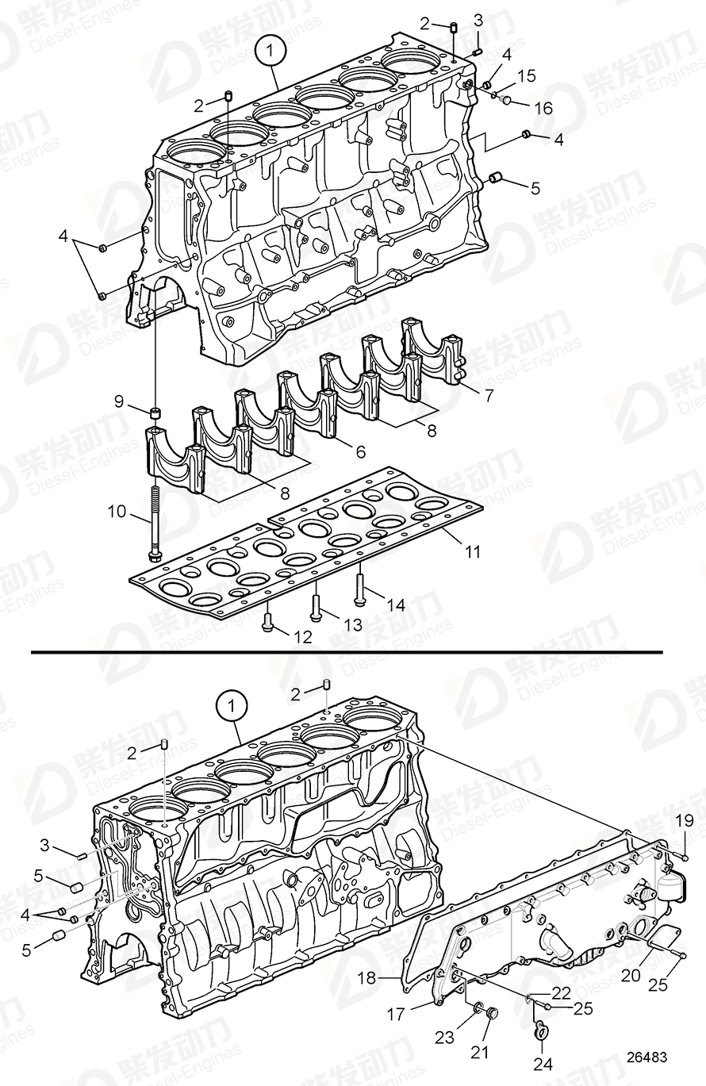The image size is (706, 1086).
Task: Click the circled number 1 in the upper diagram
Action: click(270, 52)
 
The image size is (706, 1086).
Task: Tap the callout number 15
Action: click(526, 76)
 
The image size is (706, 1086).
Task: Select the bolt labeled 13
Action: click(316, 600)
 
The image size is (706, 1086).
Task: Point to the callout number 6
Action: click(360, 451)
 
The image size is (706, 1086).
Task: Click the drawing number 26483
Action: click(643, 1057)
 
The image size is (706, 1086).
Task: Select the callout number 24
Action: click(542, 1065)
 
